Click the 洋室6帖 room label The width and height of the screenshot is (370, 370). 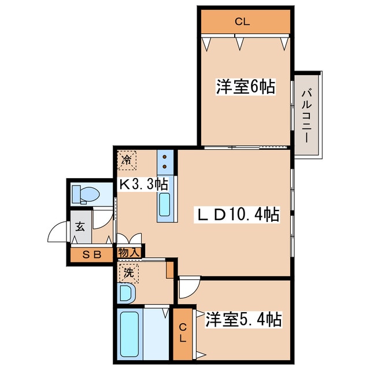click(245, 87)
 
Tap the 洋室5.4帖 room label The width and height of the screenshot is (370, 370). click(243, 319)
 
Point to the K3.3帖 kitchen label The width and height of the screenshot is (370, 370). click(143, 184)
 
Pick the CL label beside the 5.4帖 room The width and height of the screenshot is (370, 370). click(182, 334)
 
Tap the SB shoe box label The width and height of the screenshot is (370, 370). click(91, 254)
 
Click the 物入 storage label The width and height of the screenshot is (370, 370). click(128, 253)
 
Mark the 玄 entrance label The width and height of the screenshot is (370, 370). click(79, 226)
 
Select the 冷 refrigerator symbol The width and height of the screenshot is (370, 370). click(127, 160)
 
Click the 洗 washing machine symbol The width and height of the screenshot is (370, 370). click(127, 271)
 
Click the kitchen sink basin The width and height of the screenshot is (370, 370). click(164, 205)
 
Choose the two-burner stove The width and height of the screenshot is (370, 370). click(165, 161)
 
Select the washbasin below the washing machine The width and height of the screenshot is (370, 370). click(126, 293)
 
